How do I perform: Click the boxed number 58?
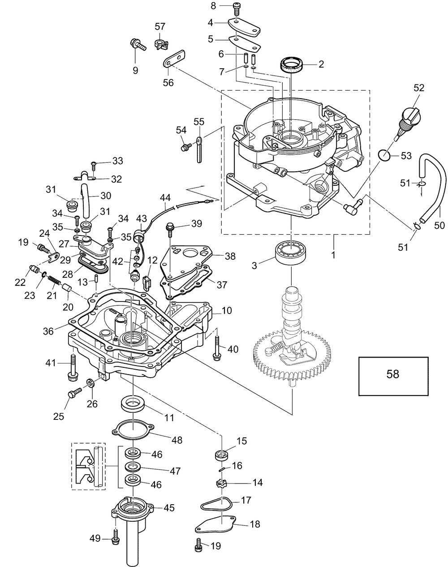[393, 374]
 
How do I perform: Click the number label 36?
[48, 331]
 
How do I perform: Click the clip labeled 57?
[161, 44]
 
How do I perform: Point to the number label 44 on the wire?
[165, 197]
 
